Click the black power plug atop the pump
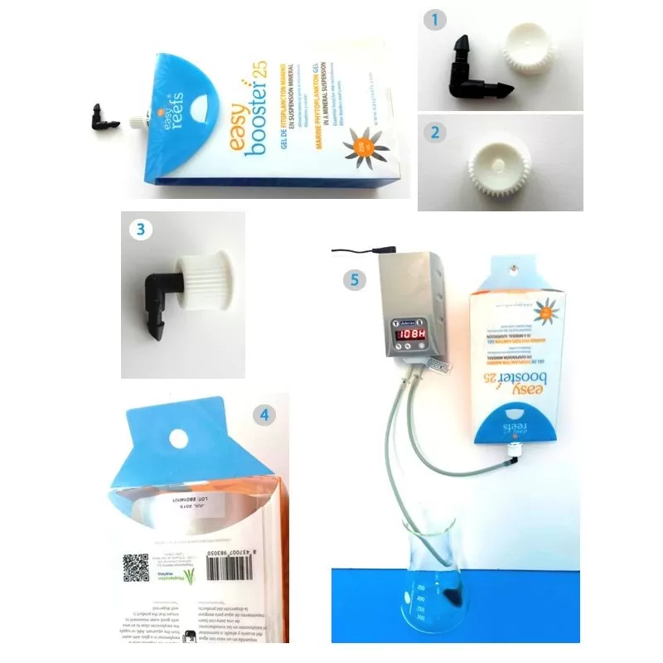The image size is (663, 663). click(382, 248)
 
